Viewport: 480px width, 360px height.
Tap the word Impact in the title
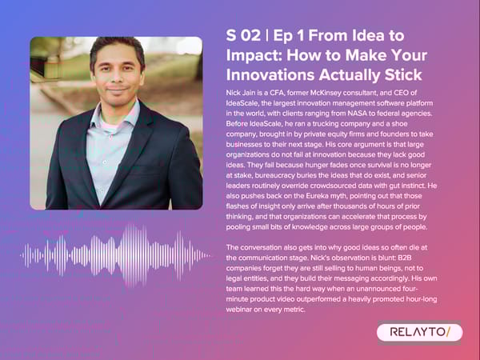point(252,55)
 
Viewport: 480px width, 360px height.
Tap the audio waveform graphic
point(116,254)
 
